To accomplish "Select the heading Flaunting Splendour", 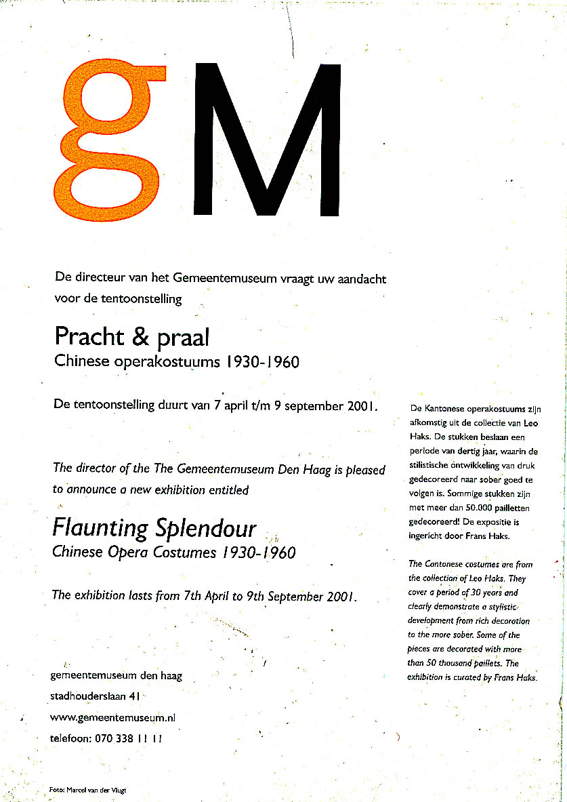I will (154, 527).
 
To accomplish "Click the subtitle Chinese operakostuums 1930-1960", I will (176, 362).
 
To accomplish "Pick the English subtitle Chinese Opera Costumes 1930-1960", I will (173, 553).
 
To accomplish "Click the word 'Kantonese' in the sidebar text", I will (446, 408).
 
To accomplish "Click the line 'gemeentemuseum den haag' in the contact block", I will (116, 676).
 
